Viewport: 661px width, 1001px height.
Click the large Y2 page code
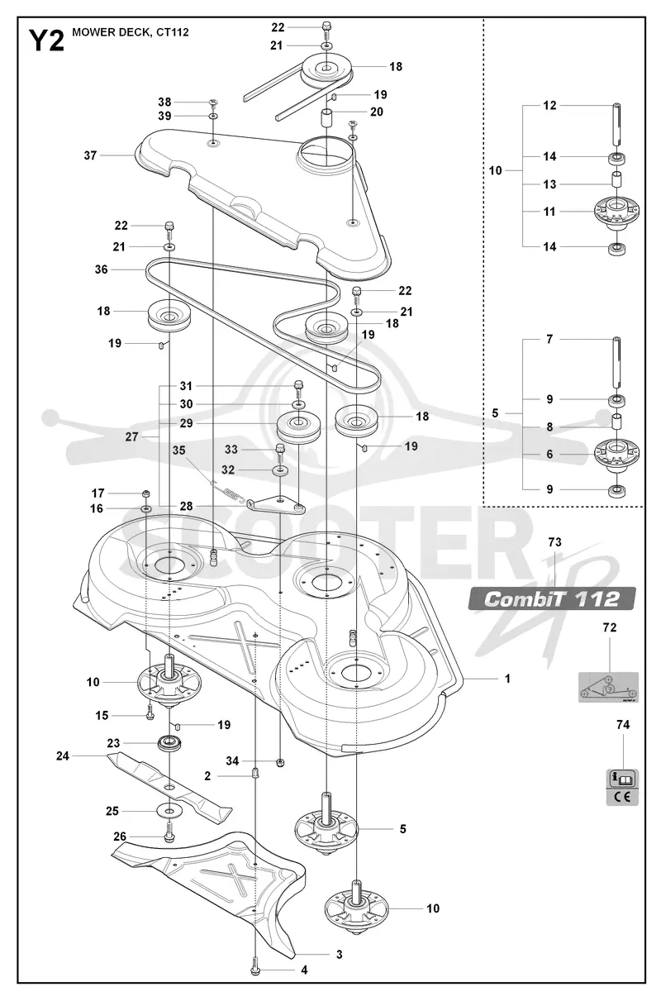point(46,41)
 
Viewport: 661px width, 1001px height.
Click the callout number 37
point(90,155)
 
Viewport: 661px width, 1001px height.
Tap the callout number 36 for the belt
point(102,269)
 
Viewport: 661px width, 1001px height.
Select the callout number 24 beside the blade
point(63,756)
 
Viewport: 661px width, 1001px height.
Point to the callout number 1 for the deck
point(507,679)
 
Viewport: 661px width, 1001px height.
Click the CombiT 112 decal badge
point(552,598)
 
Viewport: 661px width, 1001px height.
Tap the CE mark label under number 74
point(623,797)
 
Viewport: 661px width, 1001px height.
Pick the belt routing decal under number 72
point(608,687)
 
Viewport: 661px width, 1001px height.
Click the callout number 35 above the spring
point(178,450)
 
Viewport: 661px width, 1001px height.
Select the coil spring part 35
point(228,492)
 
